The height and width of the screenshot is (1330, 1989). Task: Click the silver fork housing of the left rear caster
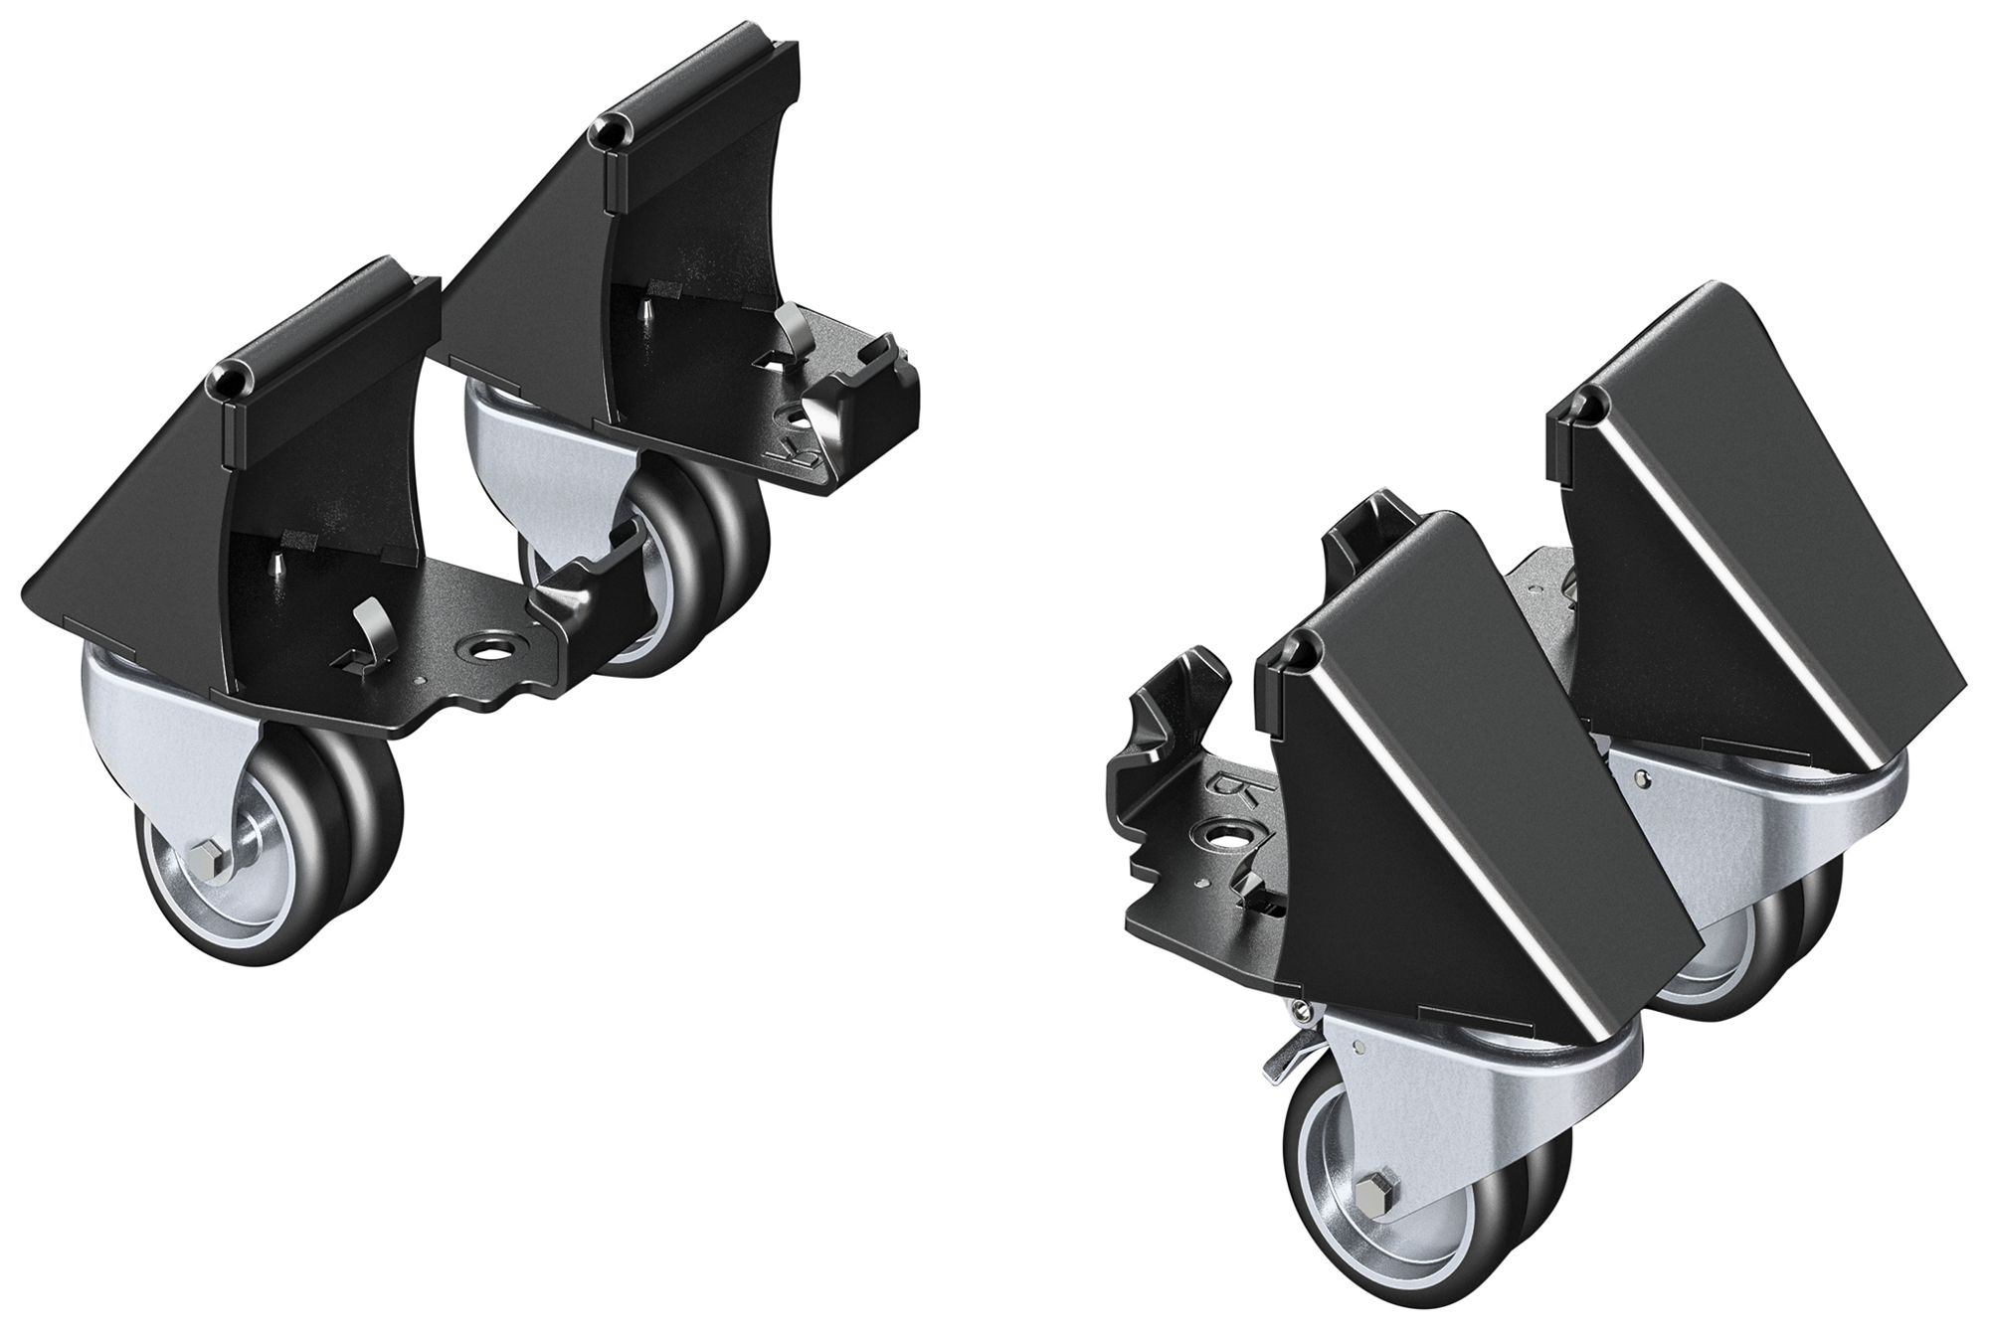[497, 447]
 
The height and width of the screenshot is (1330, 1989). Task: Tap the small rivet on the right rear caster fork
[1650, 802]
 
